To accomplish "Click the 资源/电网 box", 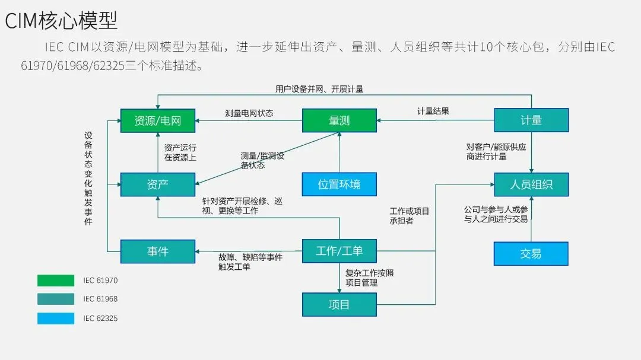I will coord(157,120).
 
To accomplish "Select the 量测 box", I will coord(339,120).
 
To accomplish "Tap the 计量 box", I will coord(531,120).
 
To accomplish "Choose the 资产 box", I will coord(157,184).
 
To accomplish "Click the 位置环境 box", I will coord(339,184).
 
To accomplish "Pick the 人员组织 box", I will coord(531,184).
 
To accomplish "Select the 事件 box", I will coord(157,251).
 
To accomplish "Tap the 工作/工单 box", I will coord(339,251).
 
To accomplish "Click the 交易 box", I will coord(531,253).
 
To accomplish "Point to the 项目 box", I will coord(339,305).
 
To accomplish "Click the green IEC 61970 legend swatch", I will coord(56,281).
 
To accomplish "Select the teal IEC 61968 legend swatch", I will coord(56,300).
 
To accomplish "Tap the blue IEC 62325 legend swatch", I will coord(56,318).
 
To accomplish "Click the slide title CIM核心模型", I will coord(61,20).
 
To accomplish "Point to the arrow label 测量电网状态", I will coord(249,113).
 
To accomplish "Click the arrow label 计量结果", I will coord(433,111).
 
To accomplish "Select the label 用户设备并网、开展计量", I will coord(319,89).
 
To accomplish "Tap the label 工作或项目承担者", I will coord(409,216).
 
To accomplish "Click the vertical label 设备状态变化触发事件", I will coord(88,178).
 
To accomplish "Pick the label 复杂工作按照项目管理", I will coord(369,278).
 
